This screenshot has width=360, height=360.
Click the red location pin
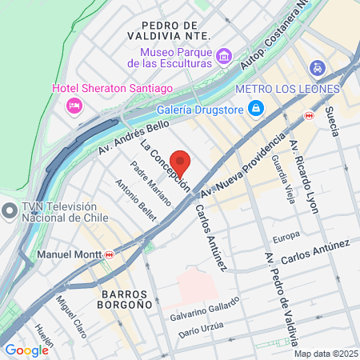pyautogui.click(x=180, y=163)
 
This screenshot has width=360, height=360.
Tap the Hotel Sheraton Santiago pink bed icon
pyautogui.click(x=74, y=104)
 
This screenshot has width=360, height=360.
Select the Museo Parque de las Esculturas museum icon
pyautogui.click(x=224, y=57)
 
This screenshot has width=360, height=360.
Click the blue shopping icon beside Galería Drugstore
pyautogui.click(x=255, y=108)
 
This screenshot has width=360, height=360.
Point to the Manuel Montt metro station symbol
pyautogui.click(x=109, y=254)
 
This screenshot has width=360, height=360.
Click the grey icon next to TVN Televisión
pyautogui.click(x=9, y=212)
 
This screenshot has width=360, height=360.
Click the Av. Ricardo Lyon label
pyautogui.click(x=305, y=177)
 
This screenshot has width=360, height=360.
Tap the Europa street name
pyautogui.click(x=286, y=236)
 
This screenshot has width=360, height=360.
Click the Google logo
pyautogui.click(x=26, y=350)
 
